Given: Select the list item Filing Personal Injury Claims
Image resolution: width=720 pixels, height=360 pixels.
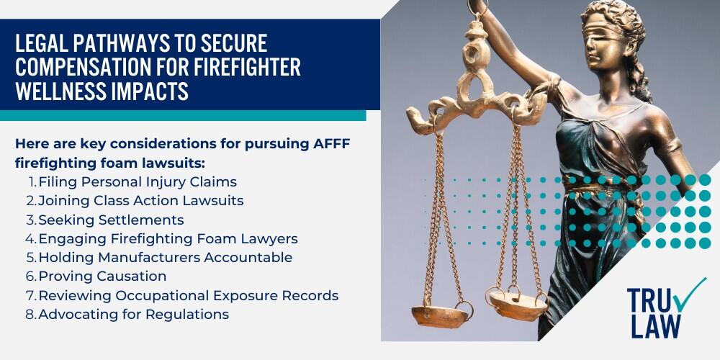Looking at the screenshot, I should click(x=138, y=182).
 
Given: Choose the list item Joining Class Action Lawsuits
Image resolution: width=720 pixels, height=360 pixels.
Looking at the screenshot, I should click(x=140, y=201).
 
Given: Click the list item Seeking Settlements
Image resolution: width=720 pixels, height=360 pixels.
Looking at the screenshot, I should click(x=111, y=220).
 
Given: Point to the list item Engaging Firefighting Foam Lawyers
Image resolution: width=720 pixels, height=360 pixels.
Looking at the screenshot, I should click(x=168, y=238).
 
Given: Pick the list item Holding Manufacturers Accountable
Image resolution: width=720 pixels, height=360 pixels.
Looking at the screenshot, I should click(x=165, y=257).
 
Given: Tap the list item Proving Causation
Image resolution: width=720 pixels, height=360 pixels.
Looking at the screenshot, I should click(x=102, y=276).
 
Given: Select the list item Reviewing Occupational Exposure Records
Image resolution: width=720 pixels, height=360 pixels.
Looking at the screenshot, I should click(x=188, y=295).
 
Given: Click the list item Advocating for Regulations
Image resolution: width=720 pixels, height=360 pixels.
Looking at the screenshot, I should click(x=133, y=314).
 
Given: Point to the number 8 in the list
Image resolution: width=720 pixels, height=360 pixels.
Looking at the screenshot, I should click(x=31, y=314).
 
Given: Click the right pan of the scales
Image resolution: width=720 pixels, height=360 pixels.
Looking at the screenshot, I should click(x=515, y=299).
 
